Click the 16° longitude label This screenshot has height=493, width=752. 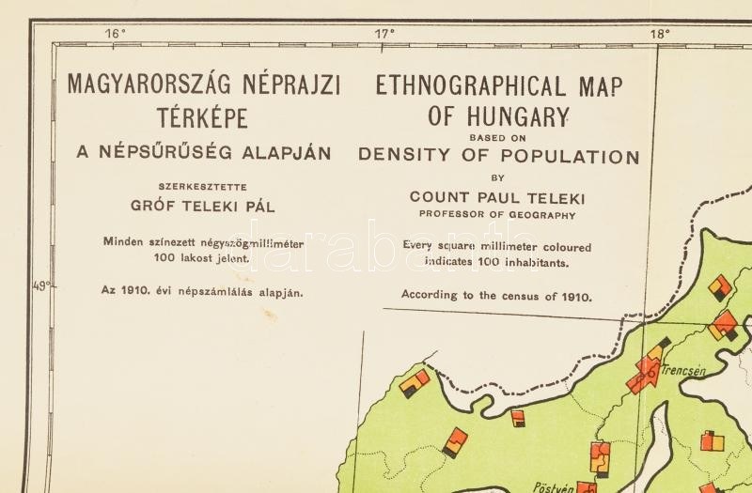(116, 34)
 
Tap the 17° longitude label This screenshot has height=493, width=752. (385, 34)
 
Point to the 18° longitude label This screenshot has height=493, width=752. (659, 34)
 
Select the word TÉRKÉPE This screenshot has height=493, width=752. (204, 119)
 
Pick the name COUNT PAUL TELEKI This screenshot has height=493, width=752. (497, 198)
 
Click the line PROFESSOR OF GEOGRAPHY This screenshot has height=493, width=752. (497, 215)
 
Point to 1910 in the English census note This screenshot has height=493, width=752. (572, 296)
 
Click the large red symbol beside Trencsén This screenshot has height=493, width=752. (647, 371)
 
